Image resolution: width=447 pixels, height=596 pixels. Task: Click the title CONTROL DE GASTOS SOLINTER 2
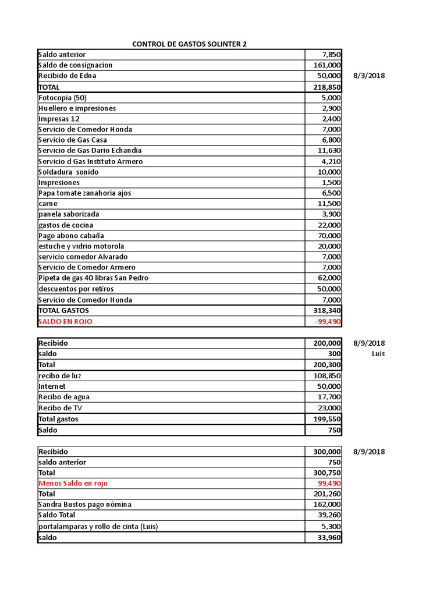(189, 44)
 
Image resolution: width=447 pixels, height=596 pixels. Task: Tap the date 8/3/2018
(369, 76)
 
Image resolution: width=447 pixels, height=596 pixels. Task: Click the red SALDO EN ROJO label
(65, 321)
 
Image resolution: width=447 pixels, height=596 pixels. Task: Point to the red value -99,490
(327, 321)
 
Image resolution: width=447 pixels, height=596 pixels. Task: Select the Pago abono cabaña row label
(71, 236)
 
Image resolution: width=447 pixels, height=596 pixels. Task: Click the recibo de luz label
(60, 375)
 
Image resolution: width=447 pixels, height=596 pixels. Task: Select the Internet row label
(52, 386)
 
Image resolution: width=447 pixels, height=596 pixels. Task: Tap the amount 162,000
(327, 505)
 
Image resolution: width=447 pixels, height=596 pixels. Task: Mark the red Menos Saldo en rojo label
(73, 483)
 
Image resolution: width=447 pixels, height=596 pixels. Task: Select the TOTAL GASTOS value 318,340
(327, 311)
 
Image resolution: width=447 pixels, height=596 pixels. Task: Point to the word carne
(48, 204)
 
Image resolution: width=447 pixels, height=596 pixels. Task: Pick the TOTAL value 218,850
(327, 87)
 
